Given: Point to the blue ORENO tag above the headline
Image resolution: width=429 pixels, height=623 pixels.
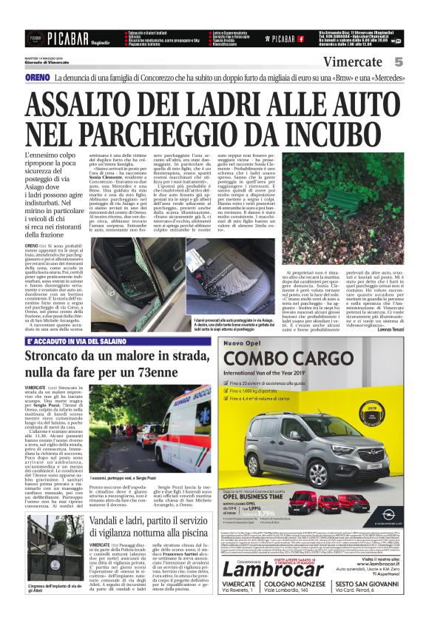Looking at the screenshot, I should pyautogui.click(x=37, y=78).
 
